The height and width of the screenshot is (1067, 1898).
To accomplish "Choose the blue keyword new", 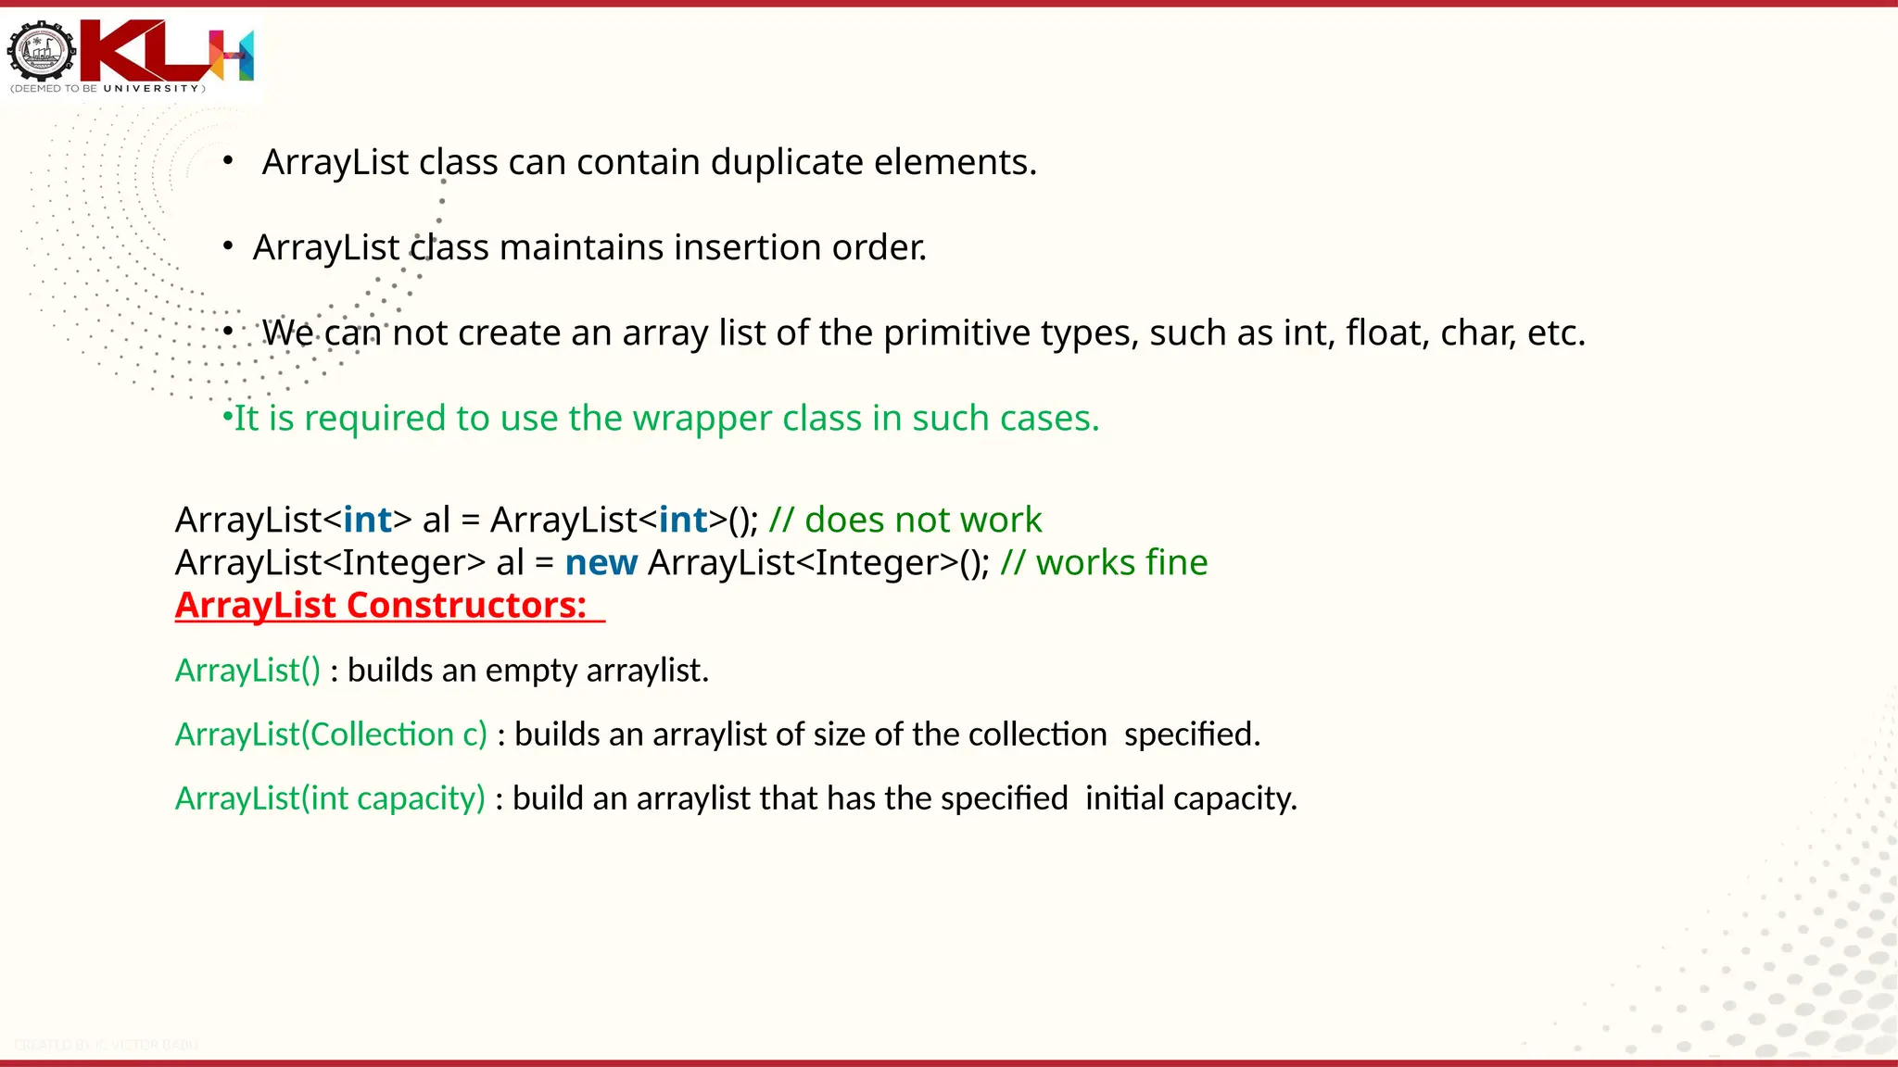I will pos(601,562).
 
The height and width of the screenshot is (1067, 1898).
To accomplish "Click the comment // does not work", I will pos(905,520).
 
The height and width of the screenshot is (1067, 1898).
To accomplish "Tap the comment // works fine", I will pos(1104,562).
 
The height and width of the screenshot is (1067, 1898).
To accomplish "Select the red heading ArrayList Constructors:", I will pos(381,605).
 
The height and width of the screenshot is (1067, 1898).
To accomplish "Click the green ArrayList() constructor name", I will pos(247,670).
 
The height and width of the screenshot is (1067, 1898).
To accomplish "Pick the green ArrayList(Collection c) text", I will pos(331,734).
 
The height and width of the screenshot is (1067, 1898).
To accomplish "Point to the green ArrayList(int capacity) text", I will pos(330,798).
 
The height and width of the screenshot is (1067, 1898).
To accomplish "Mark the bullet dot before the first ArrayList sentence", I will pos(228,161).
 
